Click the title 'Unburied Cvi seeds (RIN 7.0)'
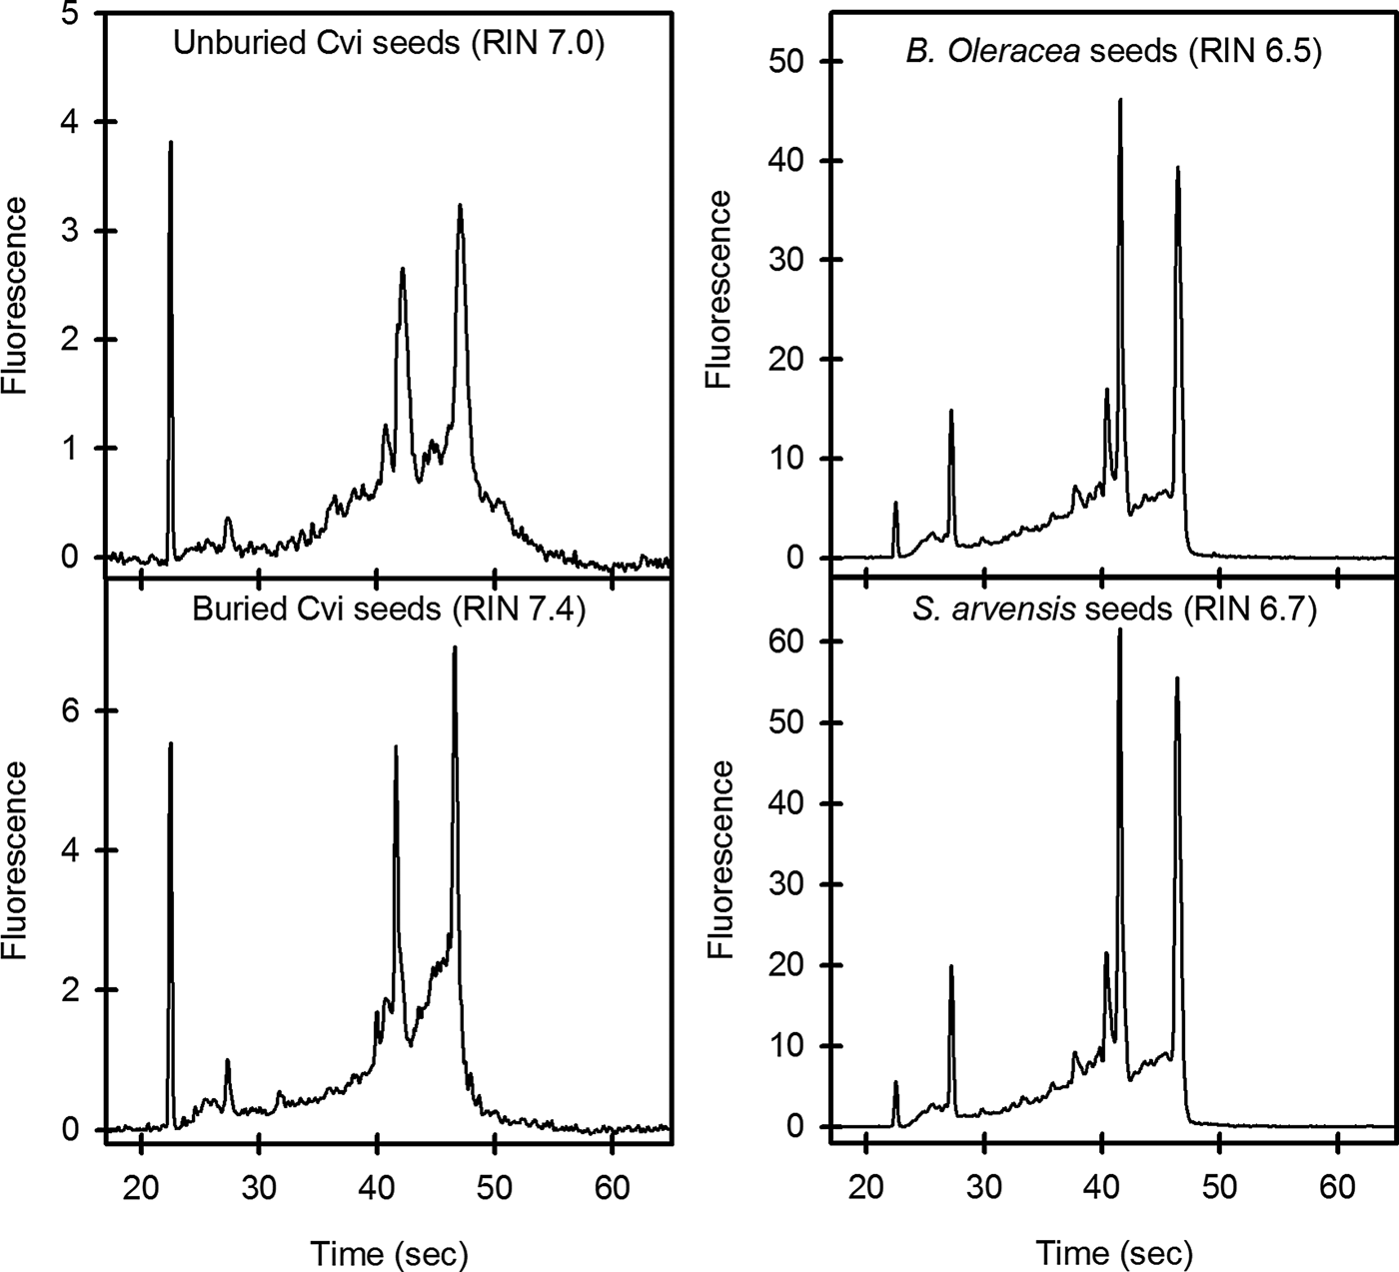pyautogui.click(x=388, y=46)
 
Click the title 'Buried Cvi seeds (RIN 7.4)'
pyautogui.click(x=388, y=609)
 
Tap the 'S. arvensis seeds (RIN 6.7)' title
pyautogui.click(x=1113, y=609)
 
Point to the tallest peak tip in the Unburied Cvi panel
pyautogui.click(x=171, y=143)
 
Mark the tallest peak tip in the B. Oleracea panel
pyautogui.click(x=1120, y=100)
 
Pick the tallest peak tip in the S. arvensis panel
pyautogui.click(x=1119, y=630)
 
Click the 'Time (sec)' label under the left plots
pyautogui.click(x=389, y=1224)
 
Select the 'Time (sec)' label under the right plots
pyautogui.click(x=1113, y=1224)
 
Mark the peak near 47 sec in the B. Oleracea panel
pyautogui.click(x=1178, y=168)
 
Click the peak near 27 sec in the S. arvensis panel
pyautogui.click(x=950, y=966)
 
